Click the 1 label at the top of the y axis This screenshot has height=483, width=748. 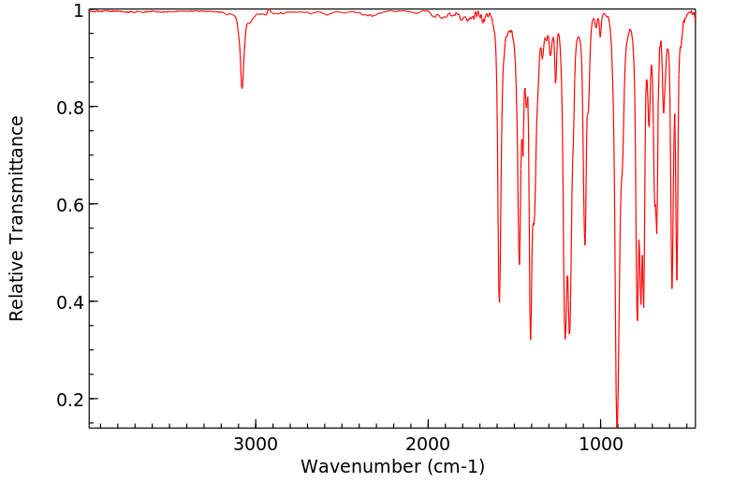click(79, 10)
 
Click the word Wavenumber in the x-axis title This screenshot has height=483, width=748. click(359, 465)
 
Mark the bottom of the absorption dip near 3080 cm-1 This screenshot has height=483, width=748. click(242, 88)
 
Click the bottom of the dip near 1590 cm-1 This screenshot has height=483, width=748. click(500, 301)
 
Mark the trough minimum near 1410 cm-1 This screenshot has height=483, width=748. click(531, 339)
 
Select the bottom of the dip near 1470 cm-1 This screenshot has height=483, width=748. click(520, 264)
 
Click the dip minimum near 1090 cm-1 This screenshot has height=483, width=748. click(585, 245)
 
